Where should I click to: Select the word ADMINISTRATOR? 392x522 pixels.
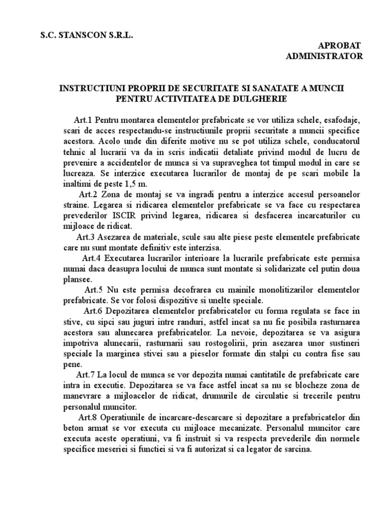[325, 56]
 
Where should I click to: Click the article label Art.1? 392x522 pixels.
[84, 120]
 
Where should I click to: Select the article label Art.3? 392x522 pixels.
[86, 237]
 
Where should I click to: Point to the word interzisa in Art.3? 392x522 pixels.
[203, 247]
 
